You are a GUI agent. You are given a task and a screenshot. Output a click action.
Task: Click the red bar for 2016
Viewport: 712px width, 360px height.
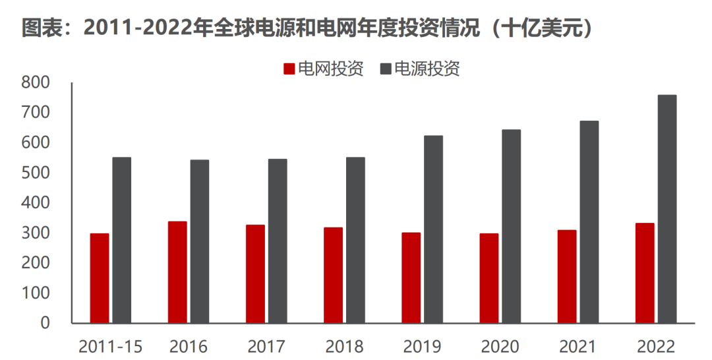coord(177,272)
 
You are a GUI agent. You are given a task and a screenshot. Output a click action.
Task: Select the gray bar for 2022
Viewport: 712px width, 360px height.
coord(667,209)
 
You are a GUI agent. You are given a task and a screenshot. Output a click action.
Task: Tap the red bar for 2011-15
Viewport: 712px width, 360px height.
coord(100,278)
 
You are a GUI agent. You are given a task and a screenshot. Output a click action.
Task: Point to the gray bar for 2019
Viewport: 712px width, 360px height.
coord(433,229)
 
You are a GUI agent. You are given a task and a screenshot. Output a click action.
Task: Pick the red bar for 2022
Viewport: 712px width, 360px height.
coord(645,273)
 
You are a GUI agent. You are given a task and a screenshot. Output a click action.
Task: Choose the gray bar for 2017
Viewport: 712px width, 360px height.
coord(278,241)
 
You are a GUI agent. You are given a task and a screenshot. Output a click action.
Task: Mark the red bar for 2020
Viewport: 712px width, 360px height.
coord(489,278)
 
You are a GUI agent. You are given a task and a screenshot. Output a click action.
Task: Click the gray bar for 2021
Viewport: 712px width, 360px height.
coord(589,222)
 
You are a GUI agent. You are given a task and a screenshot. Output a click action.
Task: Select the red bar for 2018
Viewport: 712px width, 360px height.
coord(333,275)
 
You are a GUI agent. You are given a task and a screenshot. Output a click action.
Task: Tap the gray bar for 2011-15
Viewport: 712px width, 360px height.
coord(122,240)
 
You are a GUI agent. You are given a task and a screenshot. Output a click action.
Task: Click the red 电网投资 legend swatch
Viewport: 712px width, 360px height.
coord(289,69)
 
